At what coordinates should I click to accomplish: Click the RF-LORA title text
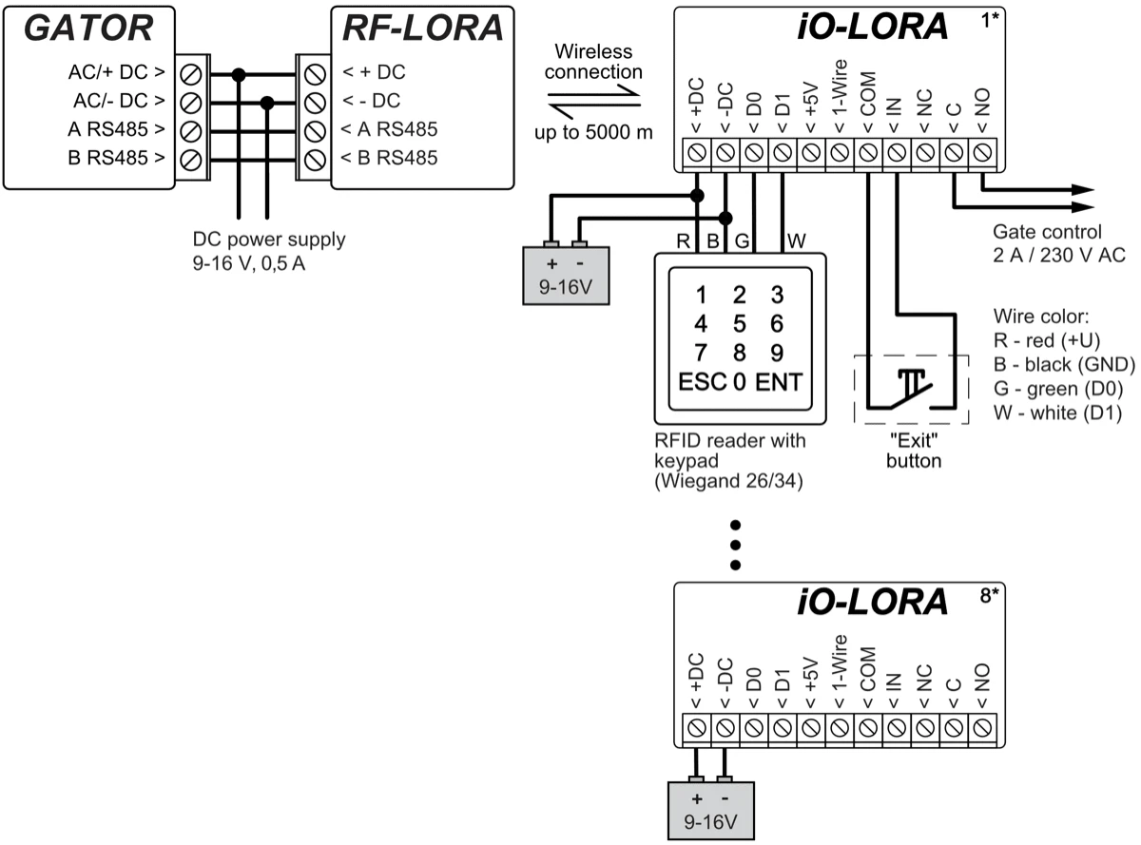[x=421, y=29]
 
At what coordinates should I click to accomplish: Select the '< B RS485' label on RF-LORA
[x=390, y=158]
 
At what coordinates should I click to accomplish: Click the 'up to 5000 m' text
[x=593, y=132]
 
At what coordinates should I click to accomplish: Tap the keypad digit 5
[x=739, y=323]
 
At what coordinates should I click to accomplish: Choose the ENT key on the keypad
[x=779, y=384]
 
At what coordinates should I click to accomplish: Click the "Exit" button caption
[x=913, y=451]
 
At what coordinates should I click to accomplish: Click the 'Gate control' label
[x=1046, y=231]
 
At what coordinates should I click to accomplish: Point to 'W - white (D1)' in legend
[x=1057, y=413]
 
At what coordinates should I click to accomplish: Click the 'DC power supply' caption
[x=268, y=240]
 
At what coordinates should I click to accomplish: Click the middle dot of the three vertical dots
[x=734, y=545]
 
